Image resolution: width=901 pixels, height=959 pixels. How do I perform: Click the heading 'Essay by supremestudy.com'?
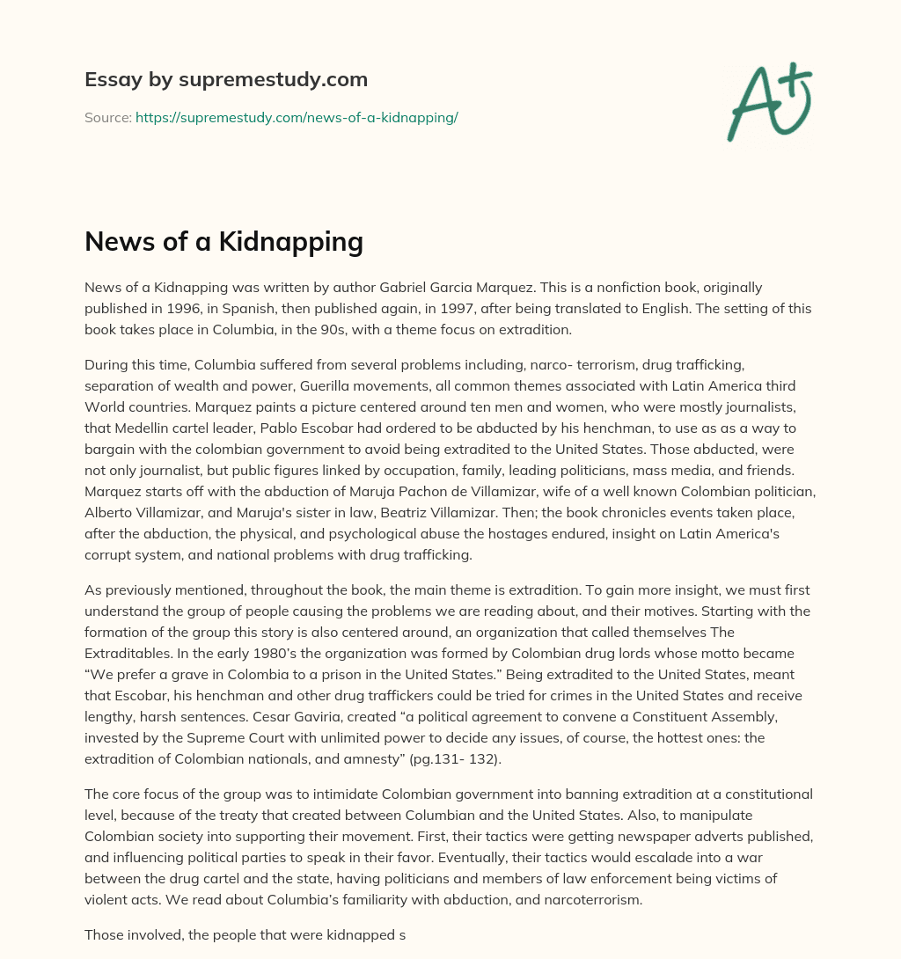click(226, 80)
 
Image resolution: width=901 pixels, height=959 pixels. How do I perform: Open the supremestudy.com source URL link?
click(297, 117)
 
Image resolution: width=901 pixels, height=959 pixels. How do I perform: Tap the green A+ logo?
click(769, 101)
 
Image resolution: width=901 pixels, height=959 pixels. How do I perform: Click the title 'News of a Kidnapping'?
click(223, 240)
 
